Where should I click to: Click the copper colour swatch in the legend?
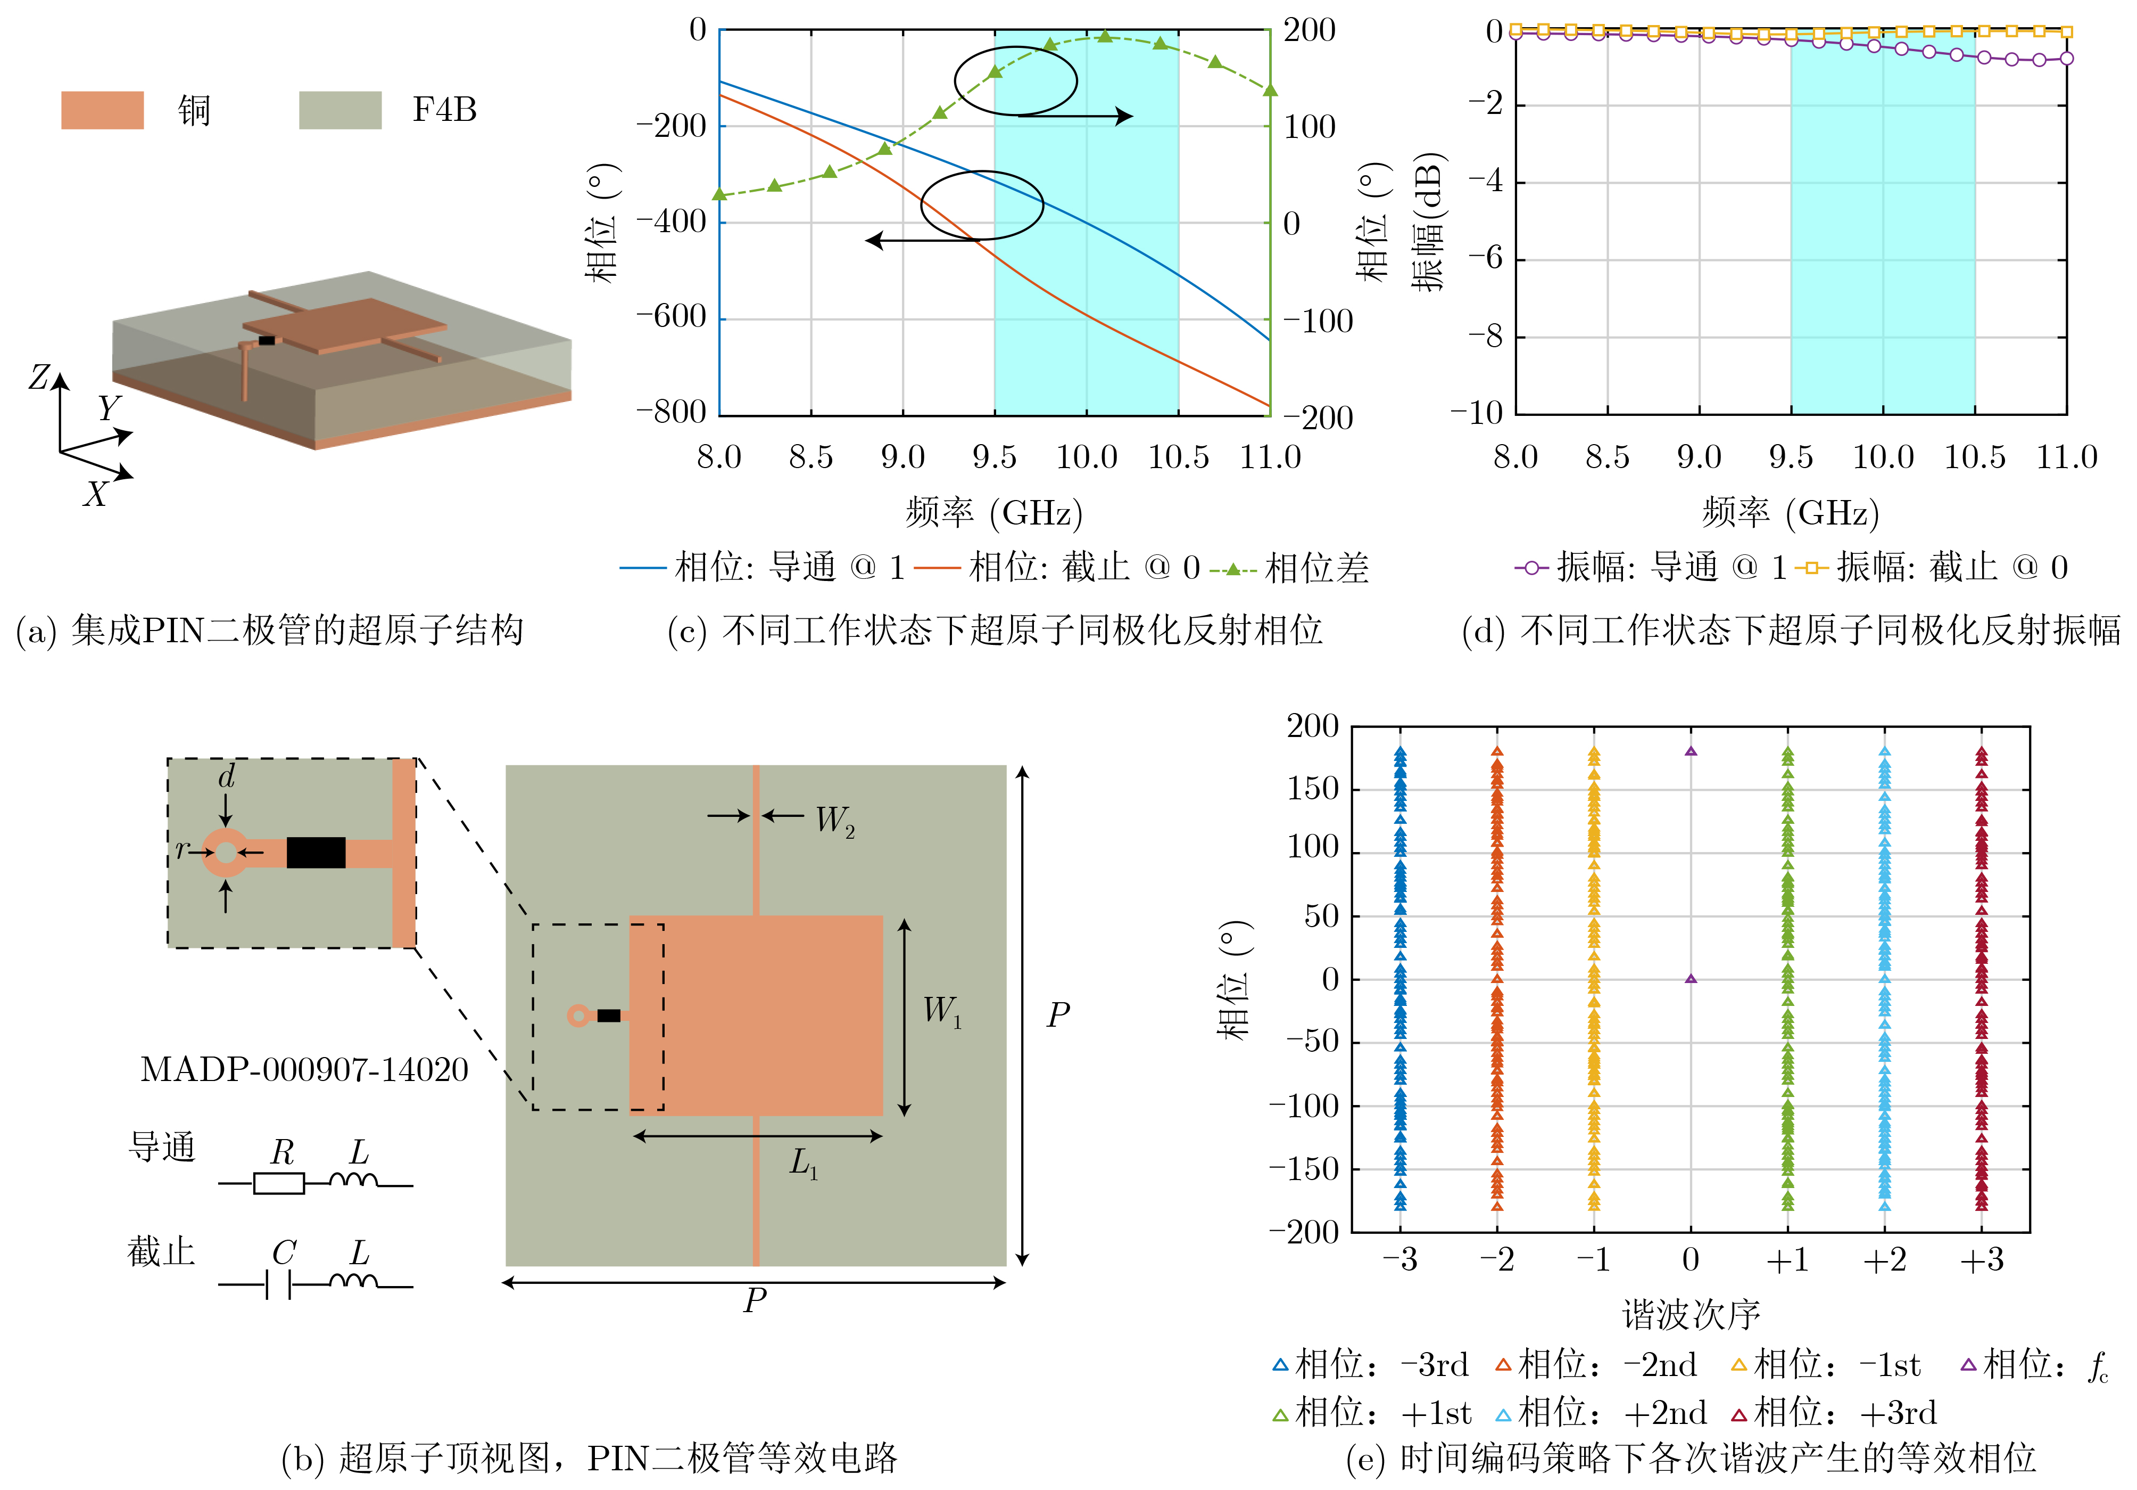(x=102, y=110)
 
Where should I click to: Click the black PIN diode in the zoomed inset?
(x=316, y=852)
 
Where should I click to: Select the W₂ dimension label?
(x=835, y=821)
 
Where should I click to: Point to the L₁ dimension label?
(x=803, y=1163)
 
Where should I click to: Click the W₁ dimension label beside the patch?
(x=942, y=1011)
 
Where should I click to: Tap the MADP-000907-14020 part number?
(x=304, y=1069)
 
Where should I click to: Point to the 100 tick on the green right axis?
(x=1310, y=127)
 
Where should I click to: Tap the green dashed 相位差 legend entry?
(x=1289, y=568)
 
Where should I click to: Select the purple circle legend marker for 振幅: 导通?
(x=1531, y=567)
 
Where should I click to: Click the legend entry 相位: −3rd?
(x=1370, y=1365)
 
